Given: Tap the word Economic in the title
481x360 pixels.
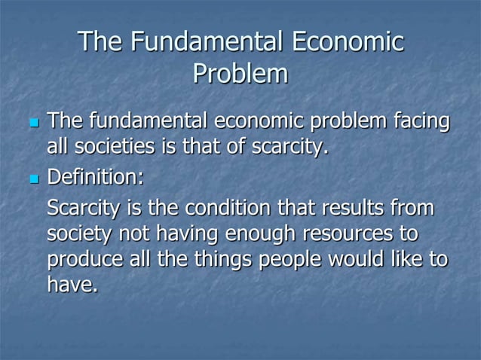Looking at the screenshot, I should pos(347,41).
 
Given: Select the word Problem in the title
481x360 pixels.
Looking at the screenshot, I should pos(240,74).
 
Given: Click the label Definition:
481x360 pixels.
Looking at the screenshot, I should pos(95,178).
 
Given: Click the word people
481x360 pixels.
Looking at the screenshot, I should pos(299,260).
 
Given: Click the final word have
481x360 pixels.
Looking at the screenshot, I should pos(72,286).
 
